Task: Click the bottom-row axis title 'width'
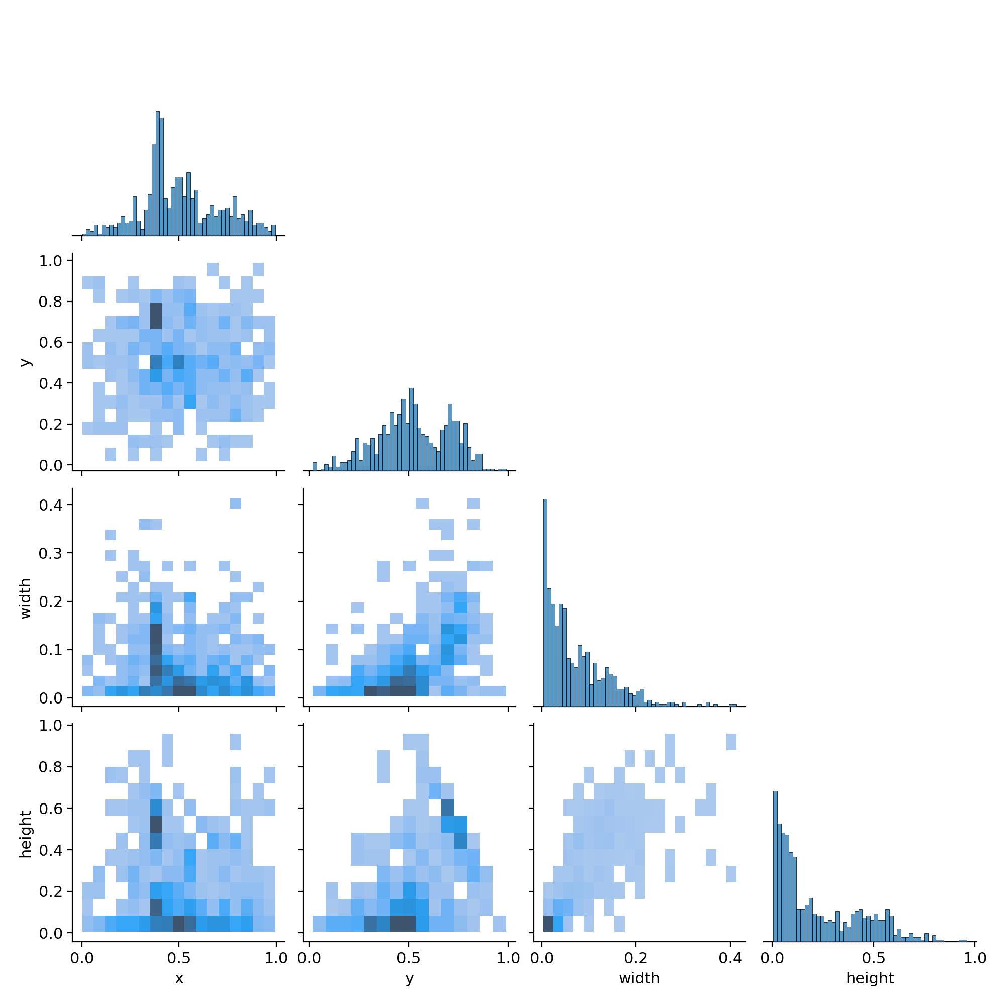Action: click(x=639, y=978)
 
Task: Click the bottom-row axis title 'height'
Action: click(x=870, y=978)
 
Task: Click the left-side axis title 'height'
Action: click(x=25, y=834)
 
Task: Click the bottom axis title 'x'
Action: click(x=179, y=978)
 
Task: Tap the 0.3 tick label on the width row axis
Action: click(x=50, y=553)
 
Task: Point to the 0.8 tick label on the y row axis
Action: click(x=50, y=301)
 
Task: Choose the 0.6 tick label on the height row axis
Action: click(x=50, y=809)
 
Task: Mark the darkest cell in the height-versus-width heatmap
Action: click(x=548, y=923)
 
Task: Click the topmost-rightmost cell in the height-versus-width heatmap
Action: click(x=731, y=742)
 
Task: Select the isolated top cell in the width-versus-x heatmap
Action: click(x=235, y=504)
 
